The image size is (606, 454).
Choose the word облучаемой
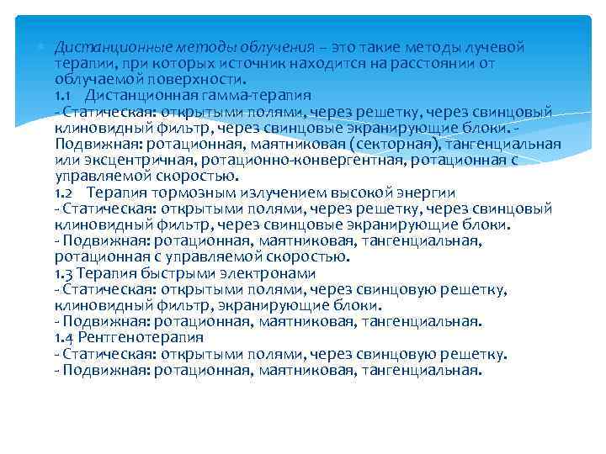[x=94, y=79]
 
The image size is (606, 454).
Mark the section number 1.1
[x=64, y=95]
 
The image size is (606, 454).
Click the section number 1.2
[x=65, y=193]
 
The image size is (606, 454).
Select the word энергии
[x=427, y=193]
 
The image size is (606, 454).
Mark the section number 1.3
[x=65, y=273]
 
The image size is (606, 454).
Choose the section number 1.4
[x=65, y=338]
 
